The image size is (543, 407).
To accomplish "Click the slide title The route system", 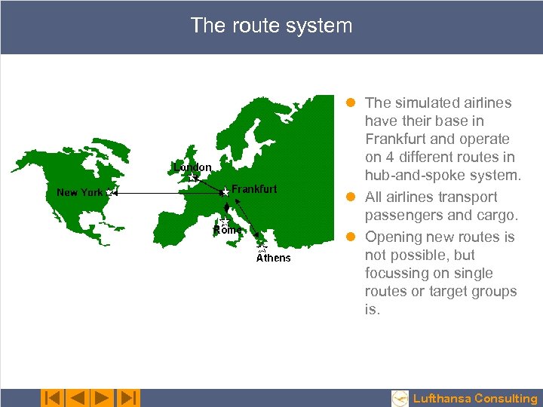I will (271, 26).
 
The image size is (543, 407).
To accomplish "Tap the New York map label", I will (79, 192).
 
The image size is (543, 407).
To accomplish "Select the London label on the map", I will (193, 167).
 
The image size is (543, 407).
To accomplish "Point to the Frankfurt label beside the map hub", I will (254, 189).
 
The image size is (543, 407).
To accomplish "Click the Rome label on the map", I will (226, 229).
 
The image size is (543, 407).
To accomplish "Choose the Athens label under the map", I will (273, 258).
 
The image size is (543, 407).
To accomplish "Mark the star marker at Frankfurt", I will (225, 193).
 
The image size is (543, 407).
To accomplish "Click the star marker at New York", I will (110, 193).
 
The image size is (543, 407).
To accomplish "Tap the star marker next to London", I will (194, 178).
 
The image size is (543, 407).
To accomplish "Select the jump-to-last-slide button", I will (128, 398).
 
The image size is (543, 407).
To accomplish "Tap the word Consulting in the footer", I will (506, 399).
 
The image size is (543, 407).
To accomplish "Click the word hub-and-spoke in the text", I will (410, 176).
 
